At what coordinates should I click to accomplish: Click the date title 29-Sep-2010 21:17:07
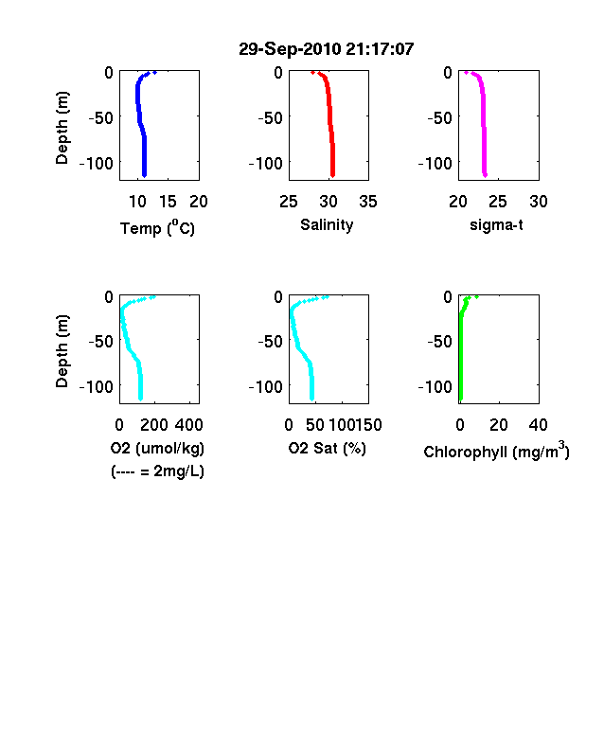(327, 49)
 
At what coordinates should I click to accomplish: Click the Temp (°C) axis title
(157, 227)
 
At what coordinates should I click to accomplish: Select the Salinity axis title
(327, 224)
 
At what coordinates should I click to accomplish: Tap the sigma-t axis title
(496, 224)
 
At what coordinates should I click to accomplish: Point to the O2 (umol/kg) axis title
(157, 448)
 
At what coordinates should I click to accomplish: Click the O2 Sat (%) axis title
(328, 448)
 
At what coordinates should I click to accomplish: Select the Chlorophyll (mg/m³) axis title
(496, 450)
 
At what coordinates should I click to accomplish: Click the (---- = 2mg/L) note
(157, 471)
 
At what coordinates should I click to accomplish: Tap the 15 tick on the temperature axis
(168, 202)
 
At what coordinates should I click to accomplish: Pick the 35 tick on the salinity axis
(368, 202)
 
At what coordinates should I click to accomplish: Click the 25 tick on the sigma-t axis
(497, 202)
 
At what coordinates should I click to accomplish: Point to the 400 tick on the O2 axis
(189, 425)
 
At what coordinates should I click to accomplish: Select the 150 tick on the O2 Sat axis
(368, 425)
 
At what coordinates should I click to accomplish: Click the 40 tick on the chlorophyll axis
(538, 425)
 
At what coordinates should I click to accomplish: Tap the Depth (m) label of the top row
(62, 128)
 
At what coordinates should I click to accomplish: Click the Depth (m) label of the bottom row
(62, 351)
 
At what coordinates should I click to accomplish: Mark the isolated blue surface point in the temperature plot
(154, 73)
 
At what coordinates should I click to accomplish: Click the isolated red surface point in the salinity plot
(312, 73)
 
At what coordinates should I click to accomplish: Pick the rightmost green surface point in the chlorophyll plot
(476, 297)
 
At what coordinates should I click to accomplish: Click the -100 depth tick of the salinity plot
(266, 163)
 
